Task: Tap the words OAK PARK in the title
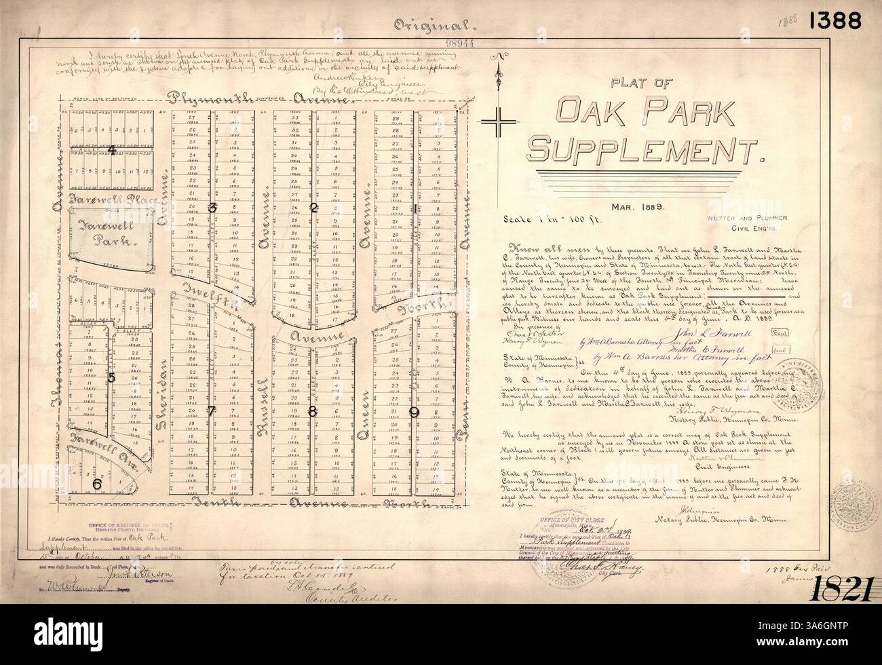[x=647, y=110]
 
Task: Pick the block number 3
[x=212, y=209]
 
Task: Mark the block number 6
[x=97, y=483]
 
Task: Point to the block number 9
[x=414, y=411]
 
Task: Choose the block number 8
[x=313, y=411]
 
